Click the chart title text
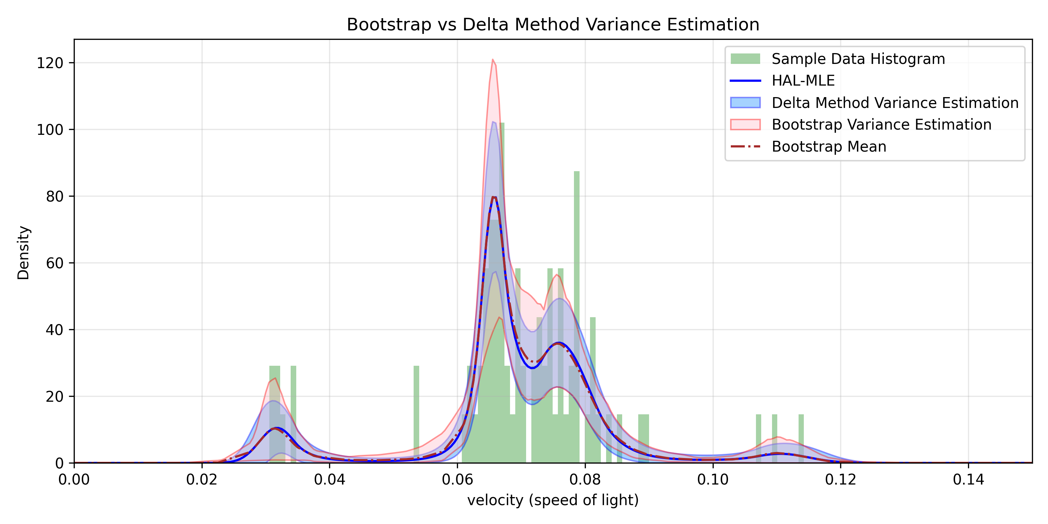coord(553,24)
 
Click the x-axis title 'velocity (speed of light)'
coord(553,500)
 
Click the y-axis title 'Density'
coord(23,253)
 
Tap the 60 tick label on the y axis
coord(54,263)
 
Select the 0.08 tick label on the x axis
coord(585,480)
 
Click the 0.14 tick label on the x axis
coord(968,480)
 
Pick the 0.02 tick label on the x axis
coord(202,480)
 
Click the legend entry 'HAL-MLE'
coord(803,81)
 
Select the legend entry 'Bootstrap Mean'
coord(829,146)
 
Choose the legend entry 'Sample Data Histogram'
coord(858,59)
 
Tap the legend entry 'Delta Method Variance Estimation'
coord(895,103)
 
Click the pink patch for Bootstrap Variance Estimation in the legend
coord(745,124)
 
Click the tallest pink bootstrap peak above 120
coord(493,60)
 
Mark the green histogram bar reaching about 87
coord(576,244)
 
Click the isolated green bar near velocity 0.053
coord(416,411)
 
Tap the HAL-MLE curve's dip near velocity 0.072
coord(532,368)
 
